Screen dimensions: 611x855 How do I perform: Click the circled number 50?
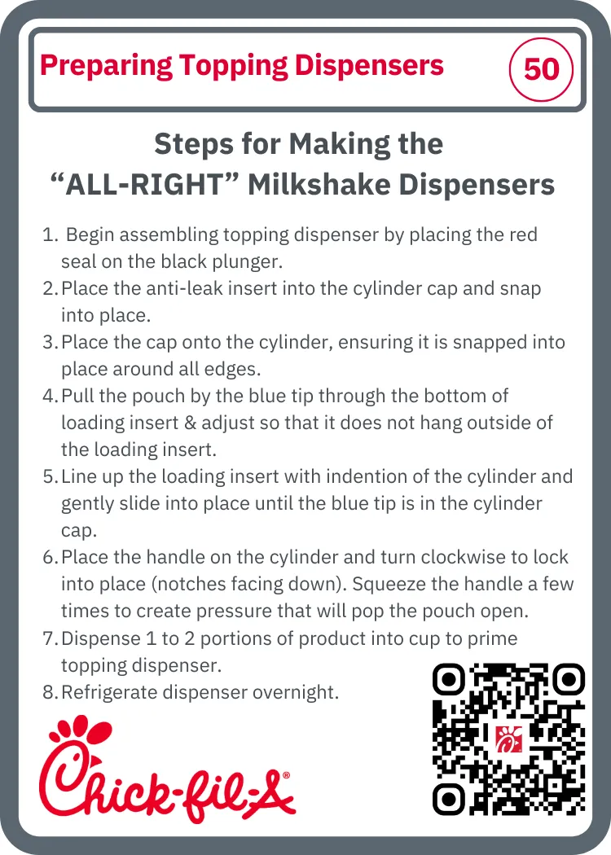click(x=541, y=69)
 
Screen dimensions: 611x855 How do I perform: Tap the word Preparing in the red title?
click(x=106, y=67)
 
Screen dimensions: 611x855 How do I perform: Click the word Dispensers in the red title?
click(x=369, y=65)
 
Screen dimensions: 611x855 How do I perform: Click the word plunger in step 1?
click(x=251, y=262)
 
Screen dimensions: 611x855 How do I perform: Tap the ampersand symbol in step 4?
click(x=190, y=423)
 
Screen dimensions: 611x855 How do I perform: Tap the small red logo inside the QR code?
click(x=508, y=739)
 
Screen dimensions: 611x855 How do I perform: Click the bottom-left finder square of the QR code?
click(x=449, y=800)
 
